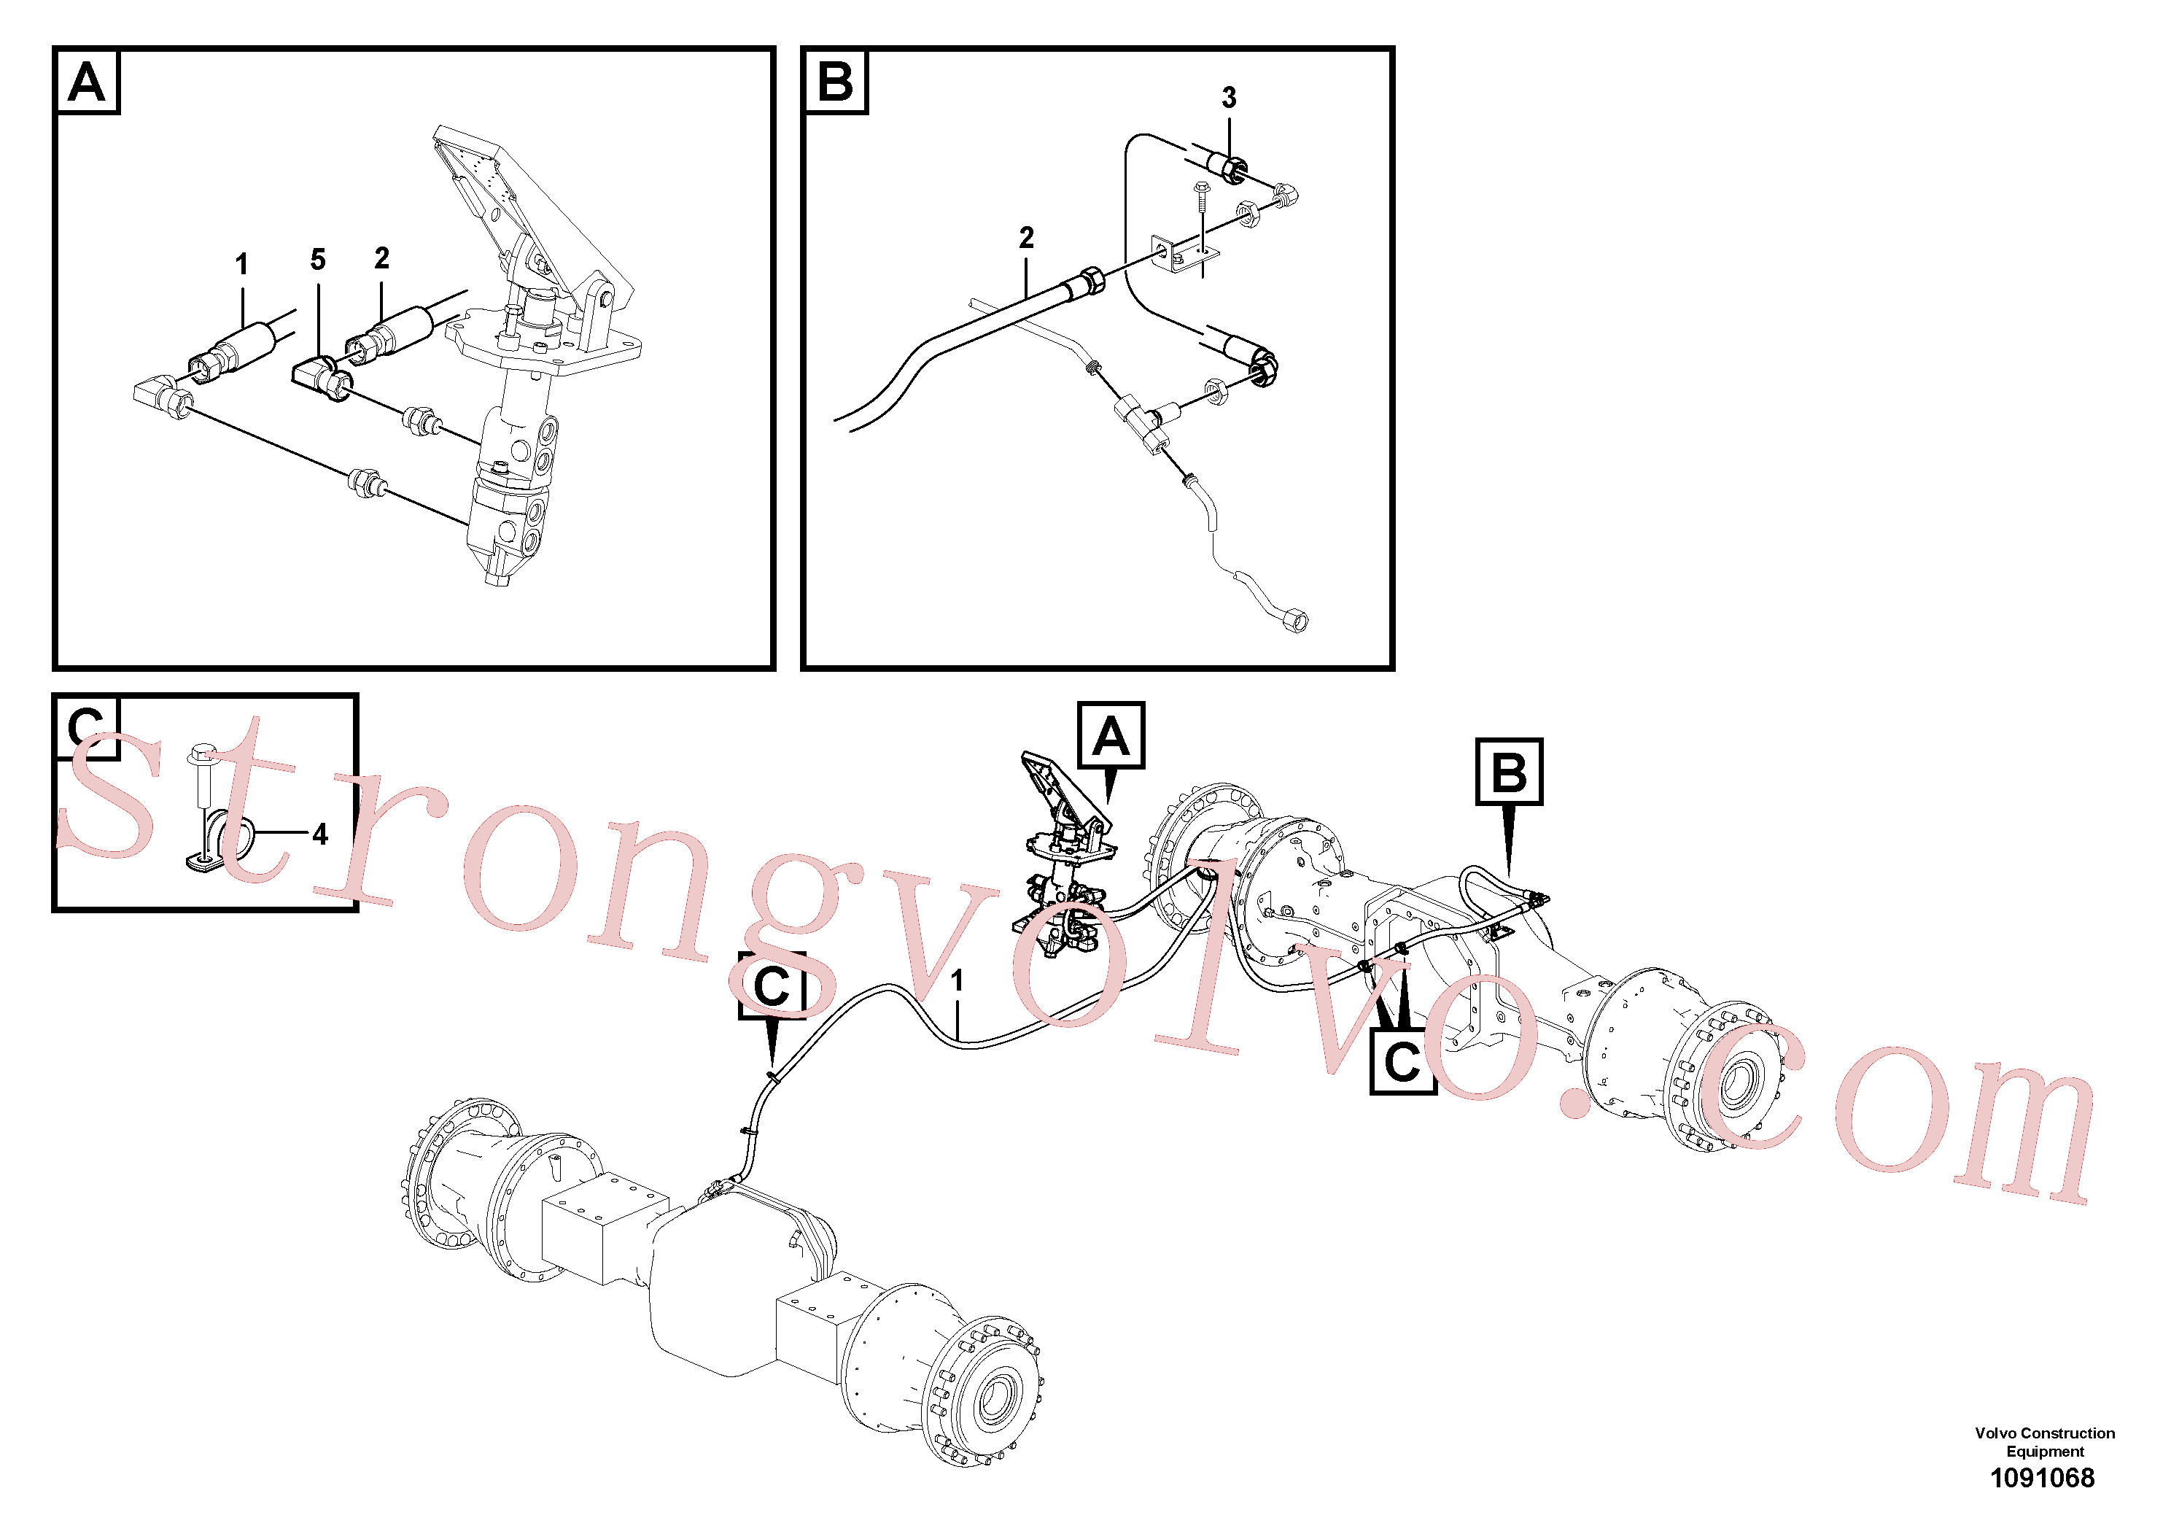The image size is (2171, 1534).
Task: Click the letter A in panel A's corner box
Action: click(87, 82)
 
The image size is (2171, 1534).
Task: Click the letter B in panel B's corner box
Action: click(835, 82)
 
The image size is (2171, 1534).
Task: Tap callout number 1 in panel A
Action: click(242, 265)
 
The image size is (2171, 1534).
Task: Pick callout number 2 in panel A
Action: click(381, 258)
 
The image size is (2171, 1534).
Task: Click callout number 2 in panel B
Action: click(1026, 237)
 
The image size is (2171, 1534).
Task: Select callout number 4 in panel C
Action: click(321, 834)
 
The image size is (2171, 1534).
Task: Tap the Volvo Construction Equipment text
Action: click(2044, 1442)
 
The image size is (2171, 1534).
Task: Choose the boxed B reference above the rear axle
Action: click(1509, 772)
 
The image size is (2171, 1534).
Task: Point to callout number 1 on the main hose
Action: click(957, 981)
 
